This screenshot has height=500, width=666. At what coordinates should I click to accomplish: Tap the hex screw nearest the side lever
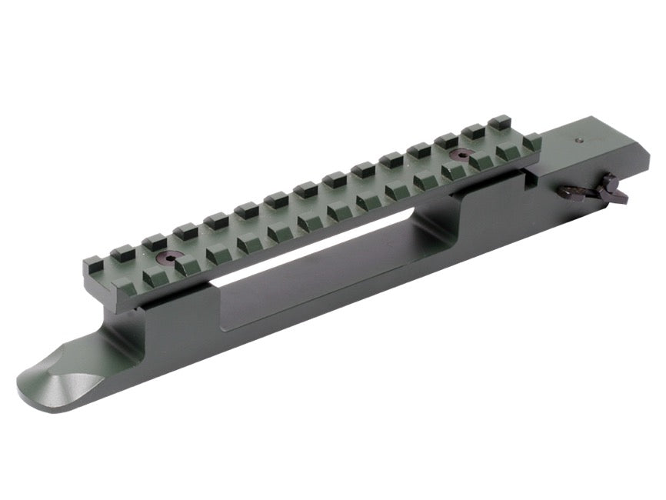click(461, 155)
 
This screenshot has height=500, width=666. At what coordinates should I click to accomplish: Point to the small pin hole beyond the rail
click(579, 141)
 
